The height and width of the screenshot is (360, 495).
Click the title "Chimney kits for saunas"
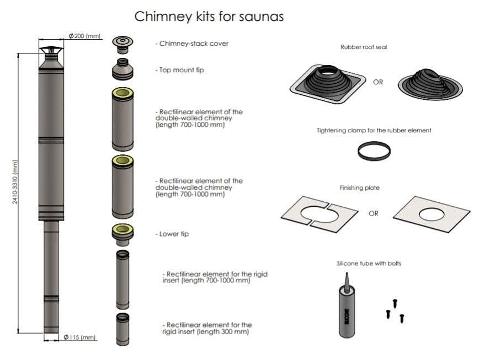[209, 17]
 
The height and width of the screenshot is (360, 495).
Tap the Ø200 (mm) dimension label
[84, 36]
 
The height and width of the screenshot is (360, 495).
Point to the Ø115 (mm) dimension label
[80, 337]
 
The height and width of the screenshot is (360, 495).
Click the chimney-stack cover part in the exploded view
[123, 42]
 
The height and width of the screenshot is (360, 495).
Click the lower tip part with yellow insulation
[123, 233]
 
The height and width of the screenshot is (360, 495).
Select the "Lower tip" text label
[172, 234]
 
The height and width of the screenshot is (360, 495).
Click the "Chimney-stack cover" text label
[192, 44]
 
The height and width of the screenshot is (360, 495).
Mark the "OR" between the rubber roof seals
[378, 82]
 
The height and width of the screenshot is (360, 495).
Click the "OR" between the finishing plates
[374, 213]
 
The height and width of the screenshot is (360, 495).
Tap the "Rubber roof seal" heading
[364, 47]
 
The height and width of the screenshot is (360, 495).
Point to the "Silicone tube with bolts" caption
[369, 264]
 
